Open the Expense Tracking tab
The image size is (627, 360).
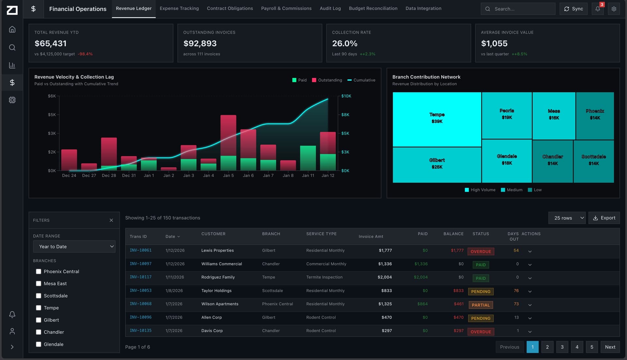(179, 8)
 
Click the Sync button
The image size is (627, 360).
(573, 9)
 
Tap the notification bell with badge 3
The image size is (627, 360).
(598, 9)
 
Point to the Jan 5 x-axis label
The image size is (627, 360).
(228, 175)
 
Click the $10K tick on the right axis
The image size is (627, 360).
(346, 96)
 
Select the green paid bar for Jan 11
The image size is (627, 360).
(308, 158)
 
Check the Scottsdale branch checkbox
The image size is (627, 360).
(39, 296)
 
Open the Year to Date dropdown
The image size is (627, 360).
(74, 247)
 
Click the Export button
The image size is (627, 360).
(604, 218)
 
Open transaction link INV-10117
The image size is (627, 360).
(140, 277)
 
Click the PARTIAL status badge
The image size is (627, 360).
(480, 305)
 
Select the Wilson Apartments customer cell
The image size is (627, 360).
(220, 304)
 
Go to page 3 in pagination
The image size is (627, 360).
(562, 347)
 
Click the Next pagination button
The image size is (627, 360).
(610, 347)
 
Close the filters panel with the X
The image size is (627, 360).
(111, 221)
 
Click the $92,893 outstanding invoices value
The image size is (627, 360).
(200, 43)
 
